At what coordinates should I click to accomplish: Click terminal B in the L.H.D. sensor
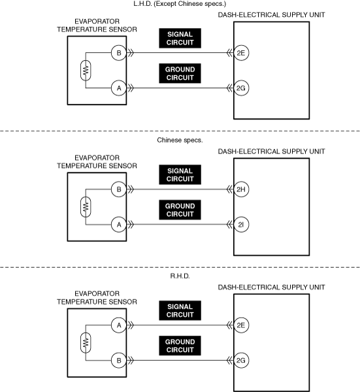pos(119,53)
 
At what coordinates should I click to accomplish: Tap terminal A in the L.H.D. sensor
pos(119,88)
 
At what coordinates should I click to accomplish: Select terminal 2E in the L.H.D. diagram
pos(241,53)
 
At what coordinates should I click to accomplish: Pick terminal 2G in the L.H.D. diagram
pos(241,88)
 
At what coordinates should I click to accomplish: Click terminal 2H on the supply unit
pos(241,189)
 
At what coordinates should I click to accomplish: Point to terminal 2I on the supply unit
pos(241,225)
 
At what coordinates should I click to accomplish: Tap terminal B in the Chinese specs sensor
pos(119,189)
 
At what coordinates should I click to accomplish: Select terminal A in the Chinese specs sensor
pos(119,225)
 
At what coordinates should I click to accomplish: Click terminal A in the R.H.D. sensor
pos(119,325)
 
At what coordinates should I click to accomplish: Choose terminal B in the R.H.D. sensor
pos(119,360)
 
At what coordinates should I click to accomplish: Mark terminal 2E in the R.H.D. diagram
pos(241,325)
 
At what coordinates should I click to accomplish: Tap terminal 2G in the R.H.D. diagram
pos(241,360)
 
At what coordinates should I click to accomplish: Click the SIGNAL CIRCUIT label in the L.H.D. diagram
pos(180,39)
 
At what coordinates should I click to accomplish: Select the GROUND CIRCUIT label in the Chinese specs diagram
pos(180,210)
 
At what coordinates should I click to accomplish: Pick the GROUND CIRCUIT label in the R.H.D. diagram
pos(180,346)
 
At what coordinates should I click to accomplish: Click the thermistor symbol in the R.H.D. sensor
pos(86,343)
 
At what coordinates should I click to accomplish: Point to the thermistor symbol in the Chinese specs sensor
pos(86,206)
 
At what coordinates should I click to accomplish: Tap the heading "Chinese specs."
pos(180,140)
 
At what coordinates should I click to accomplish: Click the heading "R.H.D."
pos(180,276)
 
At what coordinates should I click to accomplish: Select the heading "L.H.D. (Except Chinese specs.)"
pos(180,4)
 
